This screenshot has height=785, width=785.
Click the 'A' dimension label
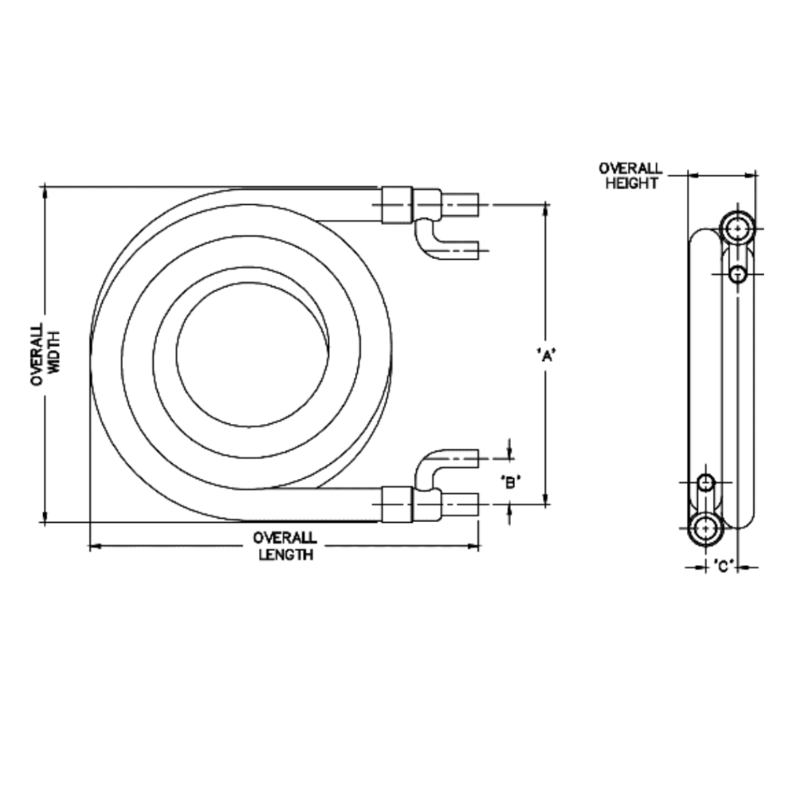click(x=546, y=355)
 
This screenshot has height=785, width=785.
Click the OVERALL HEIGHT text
click(x=630, y=176)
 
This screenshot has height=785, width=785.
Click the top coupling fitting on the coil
click(x=396, y=206)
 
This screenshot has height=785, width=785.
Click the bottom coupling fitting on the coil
click(x=396, y=503)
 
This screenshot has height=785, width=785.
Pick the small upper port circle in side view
click(x=737, y=273)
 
